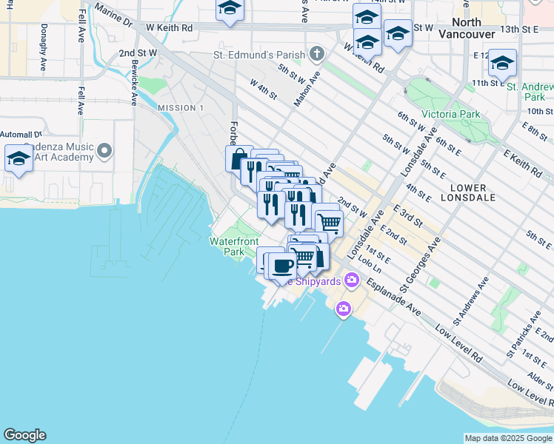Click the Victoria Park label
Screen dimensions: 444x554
[450, 114]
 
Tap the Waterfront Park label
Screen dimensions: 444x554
[234, 246]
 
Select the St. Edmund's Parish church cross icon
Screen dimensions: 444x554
[317, 54]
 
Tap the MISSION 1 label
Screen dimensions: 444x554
[181, 108]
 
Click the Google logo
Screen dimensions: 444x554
[24, 435]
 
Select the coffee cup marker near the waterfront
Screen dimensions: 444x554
[282, 266]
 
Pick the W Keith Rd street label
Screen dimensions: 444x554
[169, 27]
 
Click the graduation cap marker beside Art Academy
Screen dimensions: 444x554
[19, 159]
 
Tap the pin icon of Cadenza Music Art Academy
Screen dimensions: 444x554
[104, 152]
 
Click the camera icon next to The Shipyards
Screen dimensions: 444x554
[351, 280]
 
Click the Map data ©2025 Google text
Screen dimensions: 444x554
[508, 438]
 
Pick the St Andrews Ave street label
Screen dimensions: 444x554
[472, 301]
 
